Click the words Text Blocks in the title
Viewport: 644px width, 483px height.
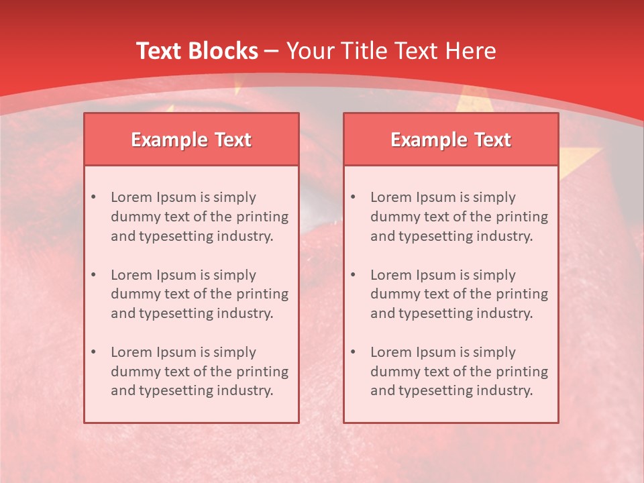(197, 51)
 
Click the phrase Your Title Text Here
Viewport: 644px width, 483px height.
(391, 51)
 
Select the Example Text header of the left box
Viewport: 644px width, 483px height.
(191, 140)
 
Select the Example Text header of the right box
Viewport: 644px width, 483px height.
(451, 140)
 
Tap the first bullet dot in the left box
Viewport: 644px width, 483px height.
(93, 197)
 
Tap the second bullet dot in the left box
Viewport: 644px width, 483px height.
(93, 275)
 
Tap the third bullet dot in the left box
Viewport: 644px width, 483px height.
(93, 352)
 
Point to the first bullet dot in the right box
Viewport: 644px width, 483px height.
(353, 197)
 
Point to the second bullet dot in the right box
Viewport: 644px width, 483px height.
(353, 275)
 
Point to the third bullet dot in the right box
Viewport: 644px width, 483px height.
(353, 352)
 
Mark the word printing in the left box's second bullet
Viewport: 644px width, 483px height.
(263, 294)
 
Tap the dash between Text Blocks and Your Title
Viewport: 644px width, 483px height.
(272, 51)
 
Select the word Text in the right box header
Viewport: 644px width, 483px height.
(493, 140)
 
